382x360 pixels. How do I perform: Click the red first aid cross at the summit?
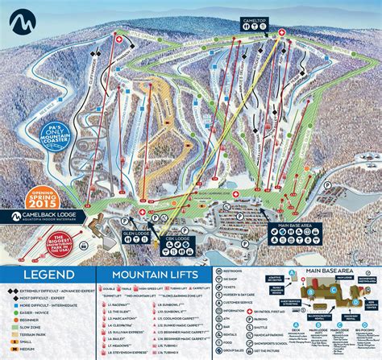click(x=281, y=33)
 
